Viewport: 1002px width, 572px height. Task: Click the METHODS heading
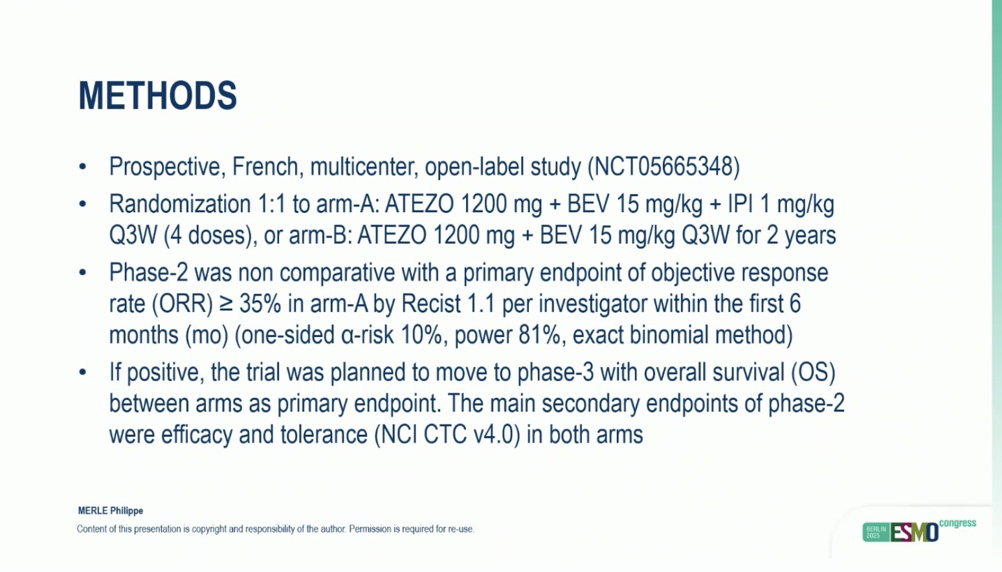[158, 96]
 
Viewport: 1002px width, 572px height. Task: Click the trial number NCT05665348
[663, 167]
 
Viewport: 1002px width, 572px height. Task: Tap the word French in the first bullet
[265, 167]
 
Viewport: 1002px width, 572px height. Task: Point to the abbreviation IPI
[740, 204]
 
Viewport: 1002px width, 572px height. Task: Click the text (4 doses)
[209, 236]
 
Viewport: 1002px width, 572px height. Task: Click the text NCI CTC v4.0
[447, 435]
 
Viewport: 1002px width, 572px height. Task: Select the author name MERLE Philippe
[111, 511]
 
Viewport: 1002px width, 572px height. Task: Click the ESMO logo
[914, 533]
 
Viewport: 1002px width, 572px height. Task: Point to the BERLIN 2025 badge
[876, 533]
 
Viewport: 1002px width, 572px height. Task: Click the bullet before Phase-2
[82, 273]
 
